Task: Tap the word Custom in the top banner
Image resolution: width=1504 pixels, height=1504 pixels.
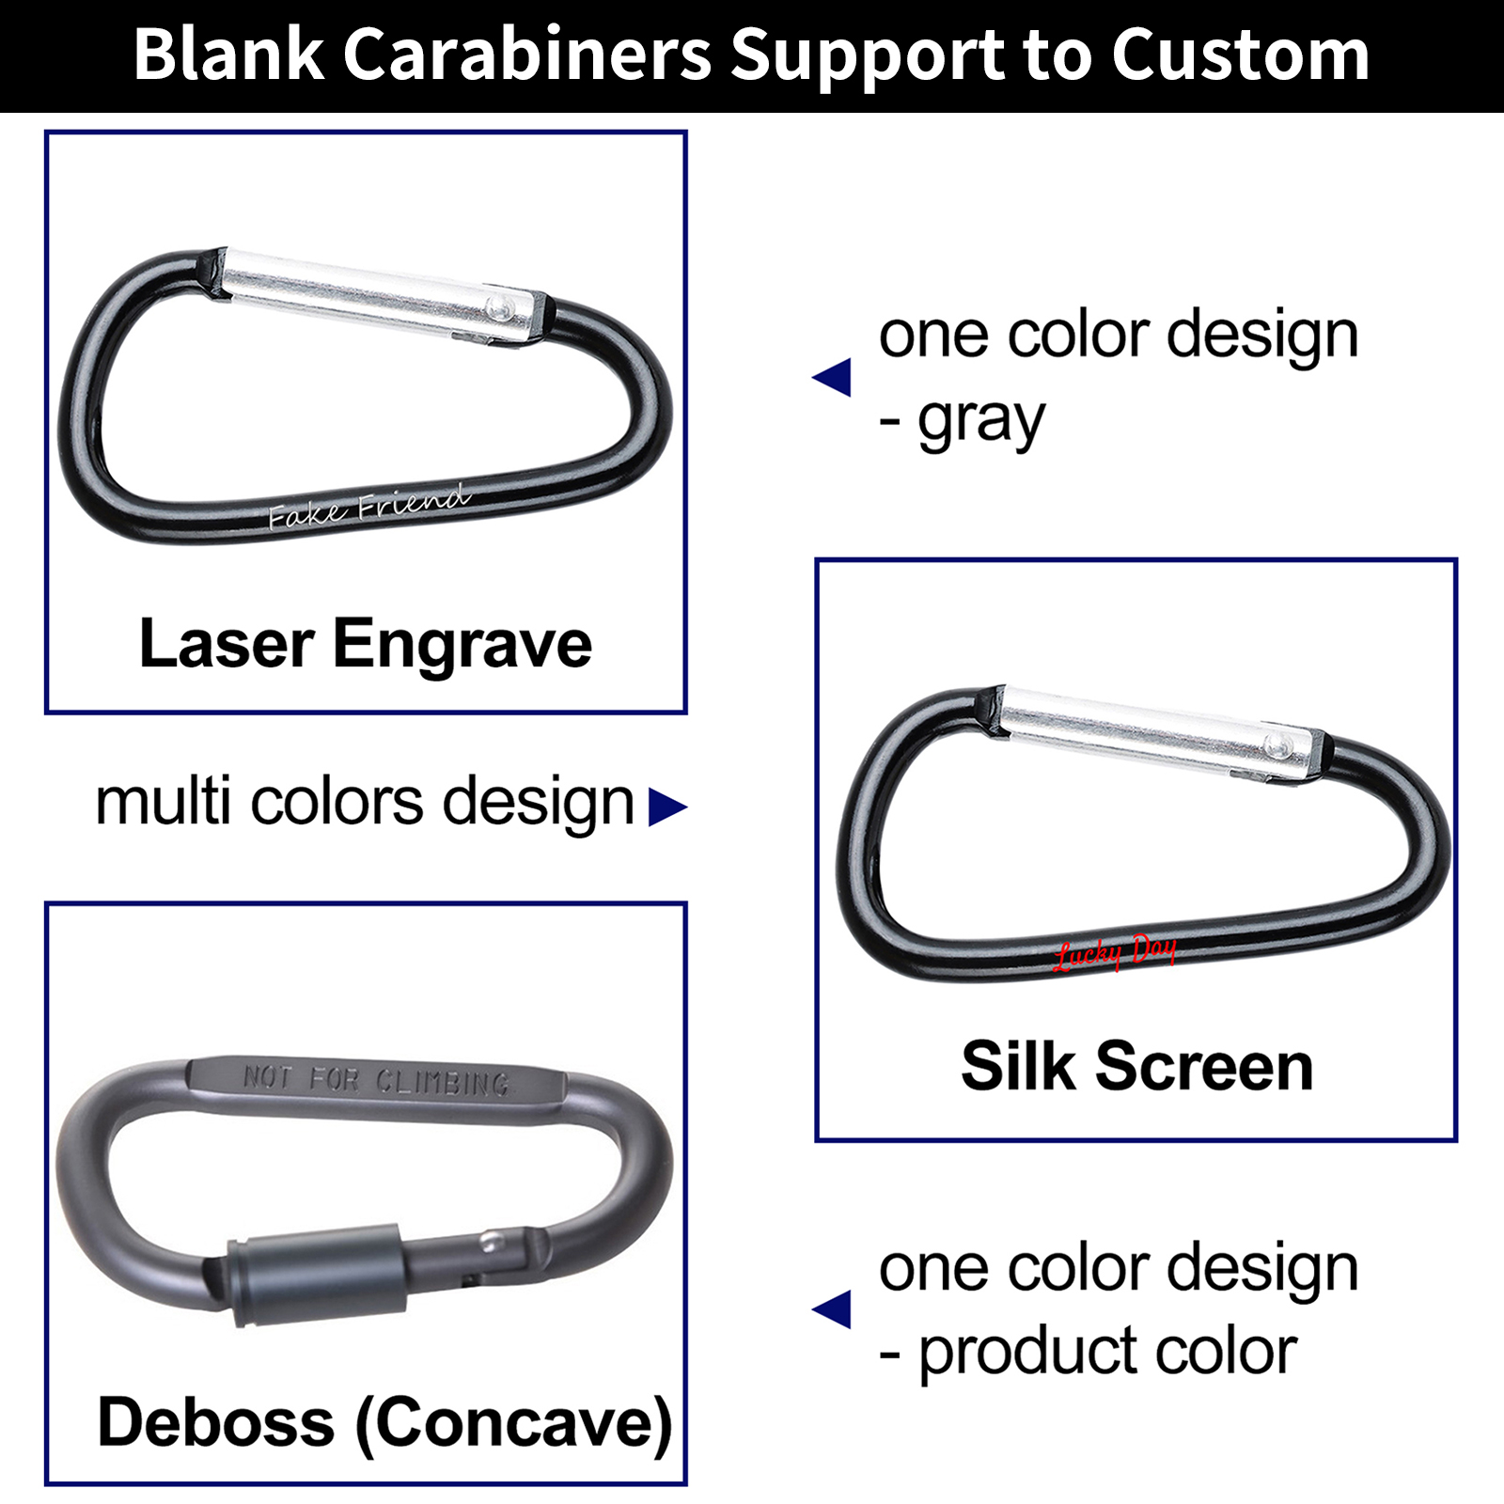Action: (x=1240, y=55)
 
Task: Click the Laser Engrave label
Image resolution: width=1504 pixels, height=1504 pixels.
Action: (x=366, y=645)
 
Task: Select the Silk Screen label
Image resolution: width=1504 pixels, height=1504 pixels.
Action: (x=1136, y=1067)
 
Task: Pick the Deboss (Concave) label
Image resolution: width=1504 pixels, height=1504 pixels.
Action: (x=384, y=1422)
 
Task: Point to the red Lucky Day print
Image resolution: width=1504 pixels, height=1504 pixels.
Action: (x=1115, y=952)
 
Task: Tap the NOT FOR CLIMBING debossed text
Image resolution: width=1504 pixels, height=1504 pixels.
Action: (x=376, y=1080)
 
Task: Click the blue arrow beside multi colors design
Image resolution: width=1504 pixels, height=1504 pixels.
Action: (x=667, y=807)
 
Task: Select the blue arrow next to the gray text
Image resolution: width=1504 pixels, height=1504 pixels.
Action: (x=833, y=378)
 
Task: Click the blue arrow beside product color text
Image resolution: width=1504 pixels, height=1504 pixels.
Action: (x=833, y=1310)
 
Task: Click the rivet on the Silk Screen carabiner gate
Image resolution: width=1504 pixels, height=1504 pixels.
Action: (x=1276, y=745)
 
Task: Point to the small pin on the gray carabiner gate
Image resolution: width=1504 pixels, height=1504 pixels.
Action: (x=490, y=1243)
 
